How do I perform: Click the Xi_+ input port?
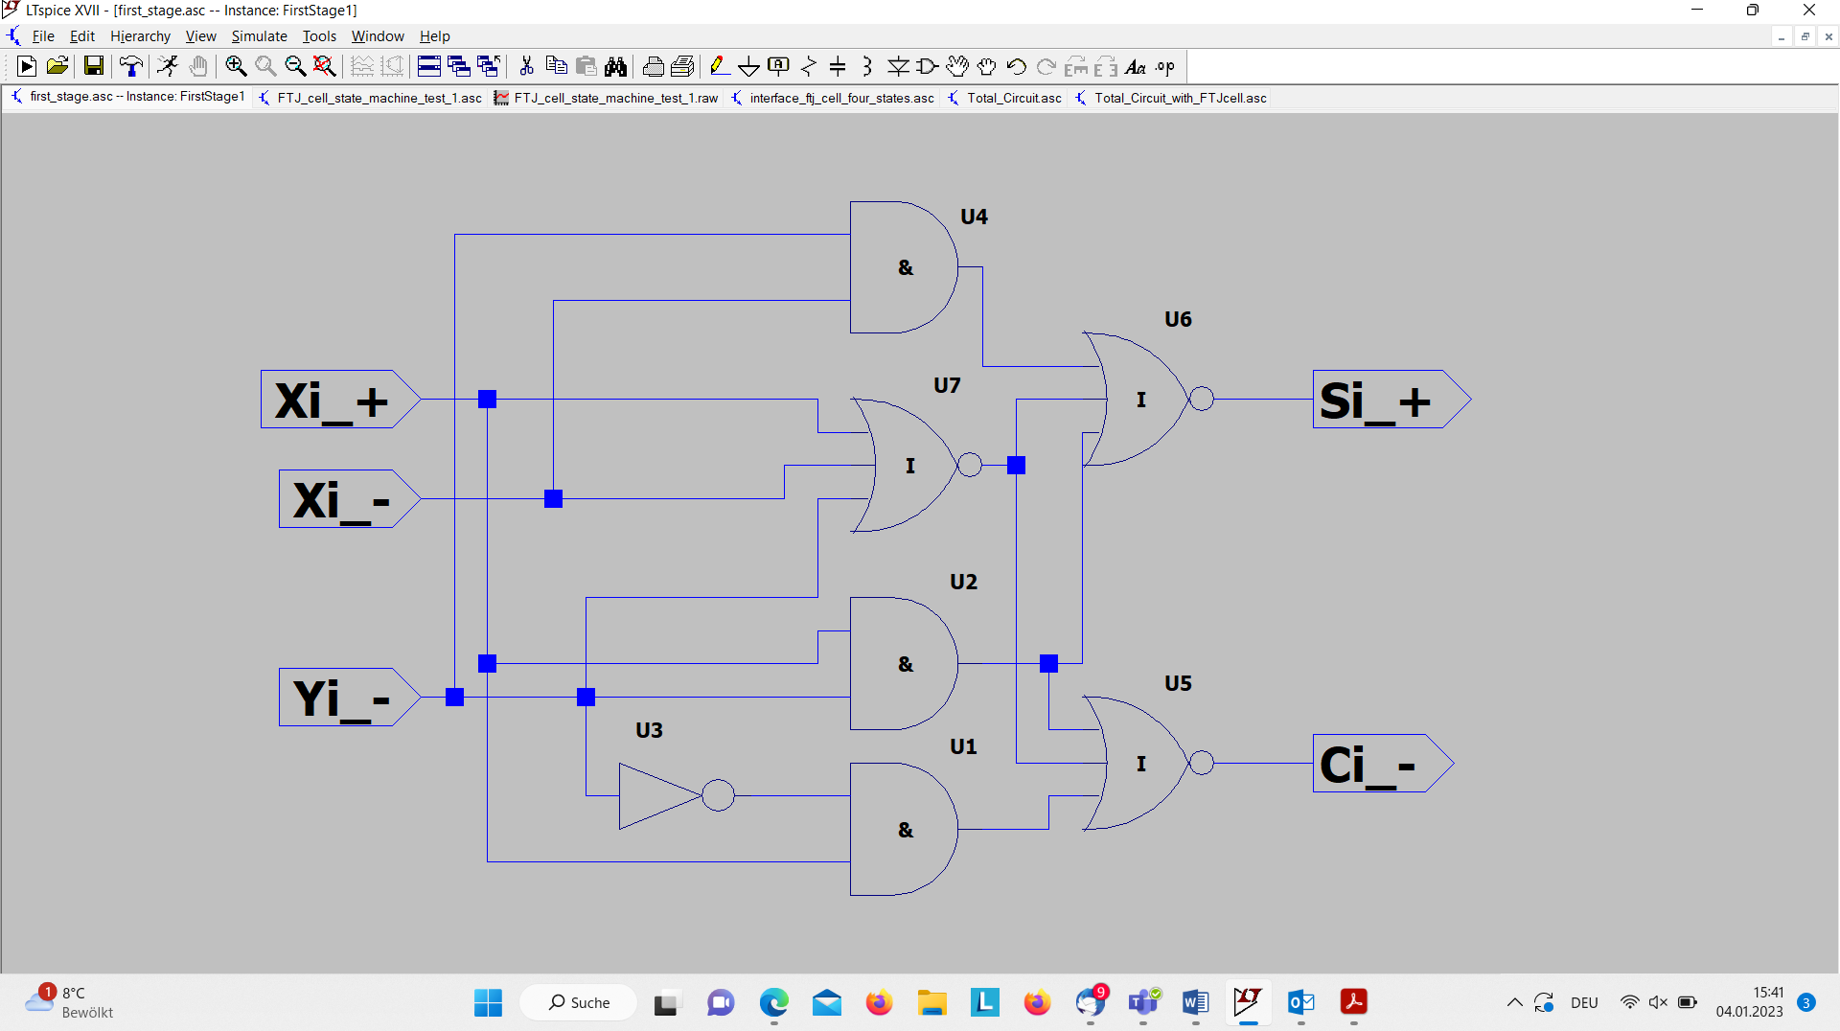click(x=340, y=399)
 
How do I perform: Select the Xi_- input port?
click(x=350, y=498)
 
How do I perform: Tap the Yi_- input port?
click(x=350, y=697)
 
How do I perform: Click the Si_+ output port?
click(x=1391, y=399)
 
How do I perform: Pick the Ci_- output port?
click(x=1383, y=763)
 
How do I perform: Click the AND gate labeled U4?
click(x=904, y=267)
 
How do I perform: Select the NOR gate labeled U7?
click(x=906, y=465)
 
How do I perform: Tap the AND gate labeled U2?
click(x=904, y=664)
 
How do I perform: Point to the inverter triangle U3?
click(x=660, y=795)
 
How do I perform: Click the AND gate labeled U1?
click(x=904, y=830)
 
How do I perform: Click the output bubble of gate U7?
click(x=970, y=465)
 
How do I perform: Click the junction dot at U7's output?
click(x=1016, y=465)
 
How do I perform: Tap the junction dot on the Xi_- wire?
click(x=553, y=498)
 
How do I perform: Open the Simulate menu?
click(x=259, y=36)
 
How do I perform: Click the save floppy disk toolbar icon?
click(x=93, y=65)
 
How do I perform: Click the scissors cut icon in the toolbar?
click(x=526, y=65)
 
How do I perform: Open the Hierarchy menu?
click(x=140, y=36)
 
